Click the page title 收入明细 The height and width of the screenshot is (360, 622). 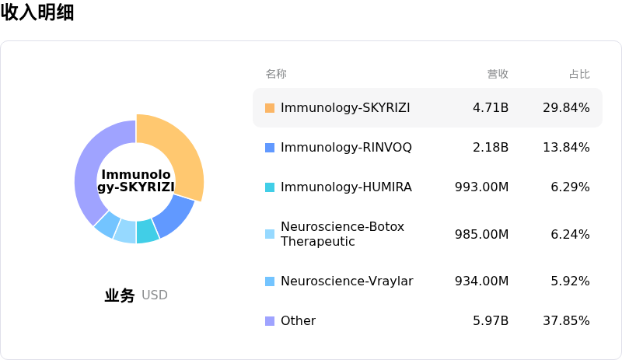tap(37, 12)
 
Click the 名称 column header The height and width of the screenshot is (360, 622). tap(276, 75)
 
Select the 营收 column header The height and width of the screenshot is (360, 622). tap(498, 75)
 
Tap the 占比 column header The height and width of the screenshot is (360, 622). tap(579, 75)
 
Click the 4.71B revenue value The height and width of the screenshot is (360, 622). tap(491, 107)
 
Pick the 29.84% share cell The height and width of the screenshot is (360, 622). tap(566, 107)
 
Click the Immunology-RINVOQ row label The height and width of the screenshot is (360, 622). tap(346, 147)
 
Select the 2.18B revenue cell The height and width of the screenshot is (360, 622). tap(491, 147)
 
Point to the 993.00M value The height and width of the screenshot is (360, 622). tap(481, 187)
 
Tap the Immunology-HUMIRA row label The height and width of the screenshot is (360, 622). tap(346, 187)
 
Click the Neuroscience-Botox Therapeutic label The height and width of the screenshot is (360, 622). tap(332, 234)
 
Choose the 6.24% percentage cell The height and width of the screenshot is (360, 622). tap(570, 234)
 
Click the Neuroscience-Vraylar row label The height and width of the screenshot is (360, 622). tap(347, 281)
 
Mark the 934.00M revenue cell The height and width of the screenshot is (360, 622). tap(481, 281)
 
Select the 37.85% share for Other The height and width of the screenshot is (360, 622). tap(566, 321)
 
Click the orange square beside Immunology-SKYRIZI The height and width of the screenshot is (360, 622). tap(270, 107)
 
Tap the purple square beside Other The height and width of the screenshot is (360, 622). tap(270, 321)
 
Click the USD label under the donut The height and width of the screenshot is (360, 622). tap(155, 295)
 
